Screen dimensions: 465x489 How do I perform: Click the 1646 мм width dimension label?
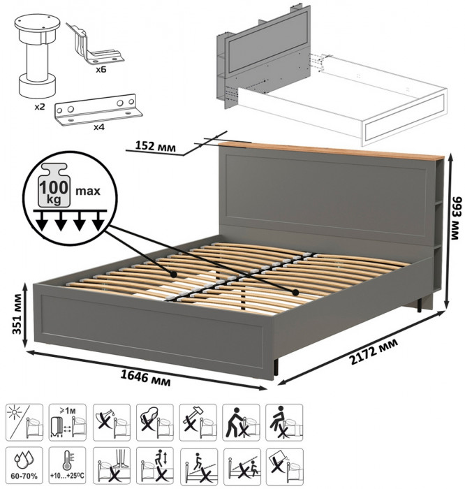click(145, 379)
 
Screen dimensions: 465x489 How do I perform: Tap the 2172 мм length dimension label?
click(374, 351)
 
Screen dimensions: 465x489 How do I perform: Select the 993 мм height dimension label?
click(456, 218)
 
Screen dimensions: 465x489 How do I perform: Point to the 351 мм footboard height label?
click(17, 314)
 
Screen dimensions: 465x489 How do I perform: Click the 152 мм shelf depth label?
click(155, 145)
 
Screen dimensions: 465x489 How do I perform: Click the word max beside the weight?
click(88, 190)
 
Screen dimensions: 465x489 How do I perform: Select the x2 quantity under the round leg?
click(40, 108)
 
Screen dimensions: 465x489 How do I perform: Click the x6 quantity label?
click(101, 69)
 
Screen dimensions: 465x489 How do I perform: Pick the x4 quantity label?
click(98, 127)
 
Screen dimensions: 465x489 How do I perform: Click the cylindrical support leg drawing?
click(38, 55)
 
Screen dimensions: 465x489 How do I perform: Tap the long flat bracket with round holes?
click(98, 110)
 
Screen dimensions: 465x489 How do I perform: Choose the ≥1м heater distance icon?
click(67, 422)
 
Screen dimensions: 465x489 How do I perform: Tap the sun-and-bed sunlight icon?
click(24, 422)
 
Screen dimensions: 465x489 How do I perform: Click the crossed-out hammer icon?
click(198, 422)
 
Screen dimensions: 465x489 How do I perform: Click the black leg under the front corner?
click(276, 367)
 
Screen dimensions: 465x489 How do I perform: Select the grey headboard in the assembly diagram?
click(264, 56)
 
